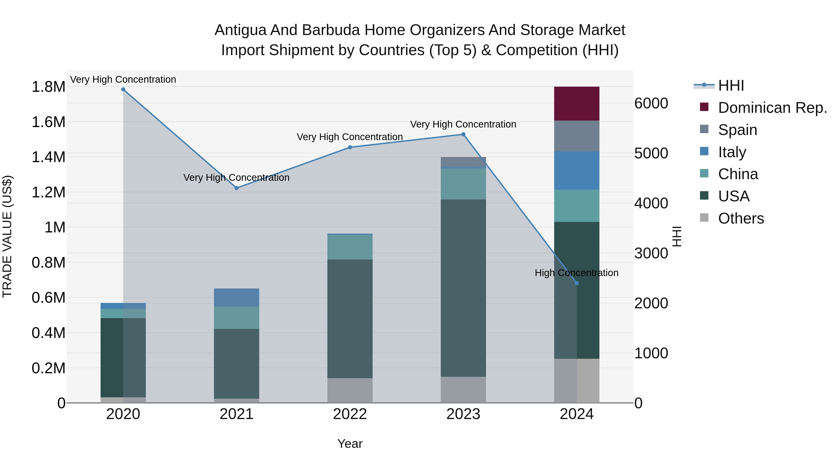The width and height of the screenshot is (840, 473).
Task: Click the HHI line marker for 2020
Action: (x=123, y=89)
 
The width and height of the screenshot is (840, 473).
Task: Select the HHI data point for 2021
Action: (x=237, y=188)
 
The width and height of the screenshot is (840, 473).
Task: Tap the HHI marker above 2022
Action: (x=350, y=147)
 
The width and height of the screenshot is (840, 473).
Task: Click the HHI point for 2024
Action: (x=577, y=283)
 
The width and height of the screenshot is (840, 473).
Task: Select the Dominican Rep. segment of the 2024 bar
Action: (x=577, y=104)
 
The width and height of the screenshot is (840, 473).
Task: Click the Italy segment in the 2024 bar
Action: (x=577, y=171)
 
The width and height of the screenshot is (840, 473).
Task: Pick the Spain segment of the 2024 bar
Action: (x=577, y=136)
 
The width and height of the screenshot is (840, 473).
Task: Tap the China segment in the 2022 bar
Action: (x=350, y=247)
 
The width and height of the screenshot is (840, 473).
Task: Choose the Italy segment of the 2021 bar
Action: (x=237, y=297)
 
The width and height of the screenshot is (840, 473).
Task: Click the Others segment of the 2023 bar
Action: (x=463, y=390)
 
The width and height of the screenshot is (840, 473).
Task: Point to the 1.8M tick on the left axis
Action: (x=48, y=87)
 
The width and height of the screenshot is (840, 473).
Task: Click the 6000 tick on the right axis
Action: (x=651, y=103)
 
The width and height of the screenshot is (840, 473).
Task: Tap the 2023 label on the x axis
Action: (x=463, y=414)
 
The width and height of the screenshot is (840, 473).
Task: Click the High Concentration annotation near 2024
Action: (x=577, y=273)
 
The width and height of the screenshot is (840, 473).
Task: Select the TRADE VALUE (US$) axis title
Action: (x=7, y=236)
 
